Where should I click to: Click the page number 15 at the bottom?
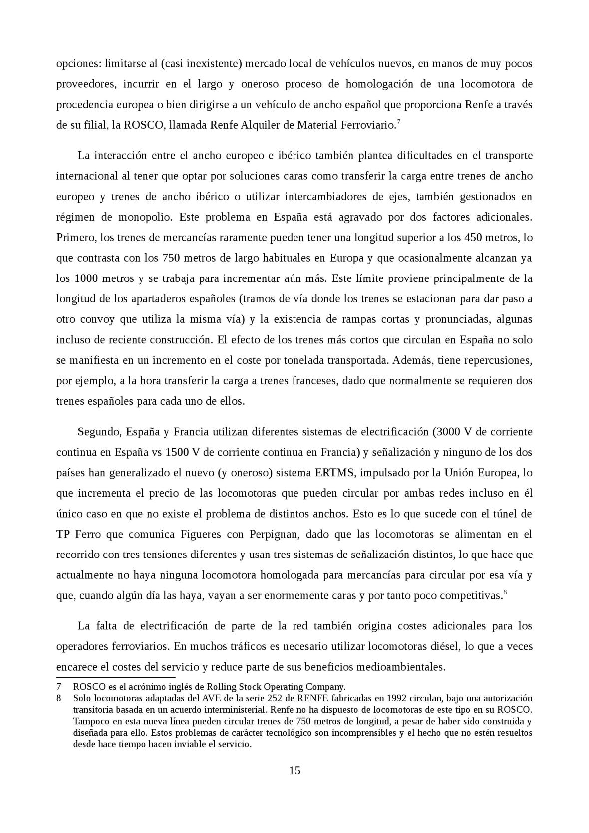pyautogui.click(x=294, y=771)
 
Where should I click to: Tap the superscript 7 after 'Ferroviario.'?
pyautogui.click(x=397, y=122)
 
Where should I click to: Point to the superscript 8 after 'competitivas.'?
pyautogui.click(x=505, y=592)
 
